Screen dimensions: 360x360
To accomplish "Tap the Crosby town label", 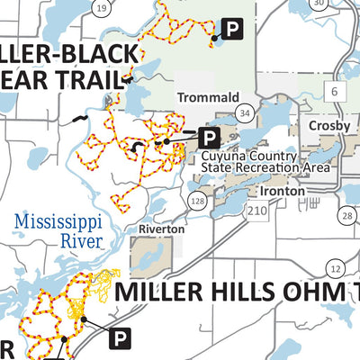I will coord(328,126).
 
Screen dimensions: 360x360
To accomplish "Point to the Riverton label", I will coord(161,229).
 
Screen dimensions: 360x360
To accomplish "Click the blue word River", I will coord(81,241).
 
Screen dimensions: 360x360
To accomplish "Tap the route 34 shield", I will coord(243,112).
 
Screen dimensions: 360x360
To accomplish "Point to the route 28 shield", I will coord(347,215).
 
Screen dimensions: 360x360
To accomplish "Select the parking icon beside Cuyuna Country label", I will coord(209,138).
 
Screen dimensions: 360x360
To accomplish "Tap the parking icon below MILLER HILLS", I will coord(119,338).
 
